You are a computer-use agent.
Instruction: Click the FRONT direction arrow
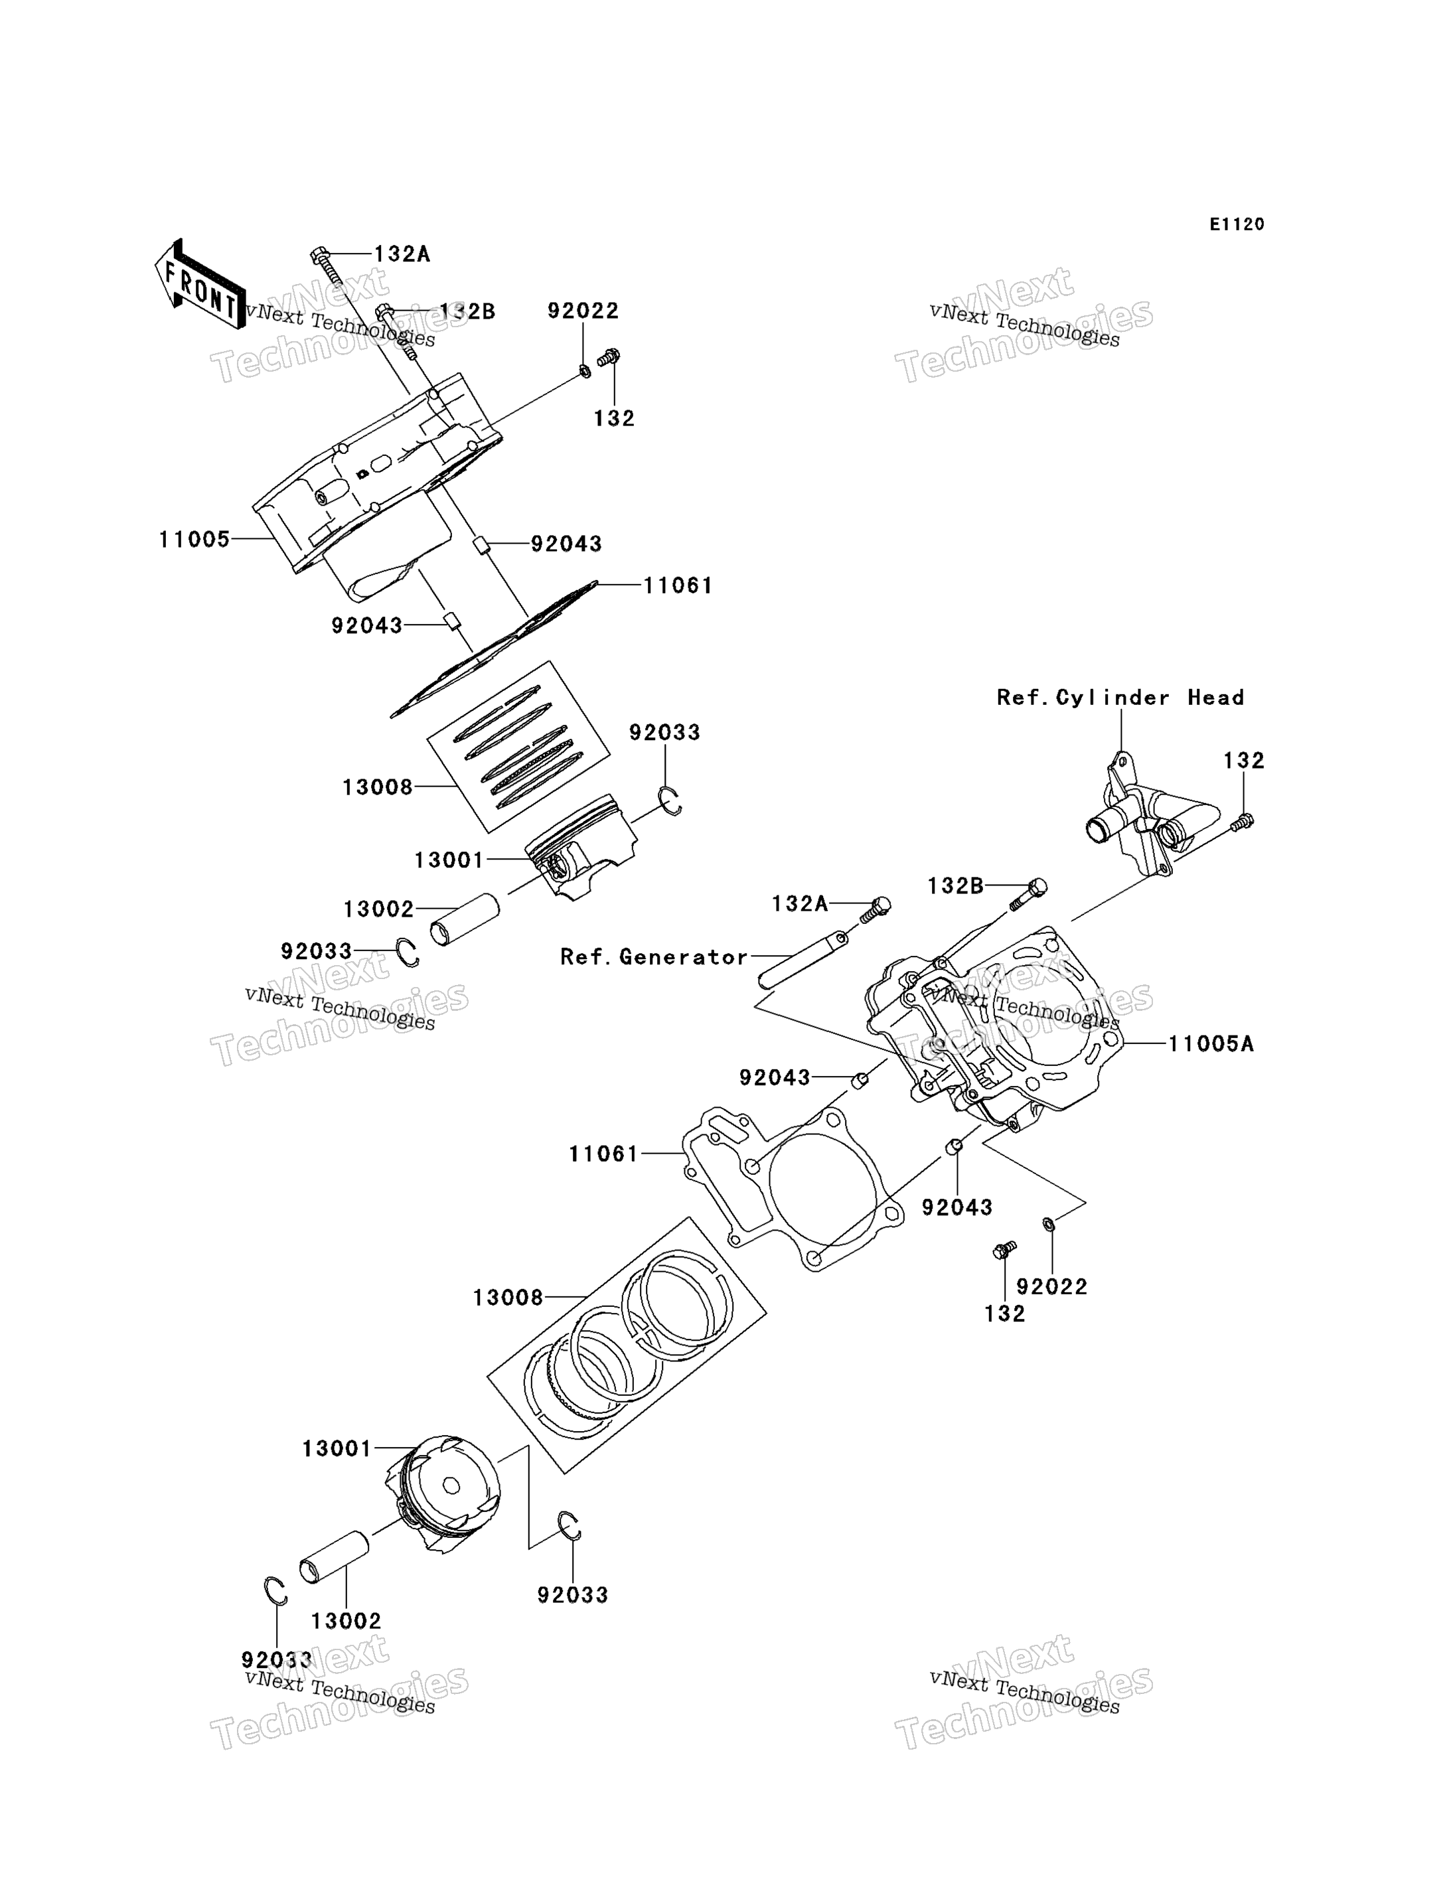click(198, 283)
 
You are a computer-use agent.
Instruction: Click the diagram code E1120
click(1237, 224)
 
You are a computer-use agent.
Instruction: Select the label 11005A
click(1211, 1043)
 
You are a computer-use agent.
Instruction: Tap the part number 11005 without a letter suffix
click(194, 540)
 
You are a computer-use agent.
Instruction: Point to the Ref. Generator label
click(654, 956)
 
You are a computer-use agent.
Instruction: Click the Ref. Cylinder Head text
click(1120, 697)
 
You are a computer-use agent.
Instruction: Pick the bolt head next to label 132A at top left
click(319, 256)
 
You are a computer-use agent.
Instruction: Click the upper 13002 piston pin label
click(378, 909)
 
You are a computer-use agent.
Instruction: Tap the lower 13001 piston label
click(337, 1448)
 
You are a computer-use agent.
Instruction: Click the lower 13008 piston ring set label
click(508, 1298)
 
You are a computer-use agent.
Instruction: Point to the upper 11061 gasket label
click(678, 585)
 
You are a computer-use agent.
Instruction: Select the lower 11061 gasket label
click(603, 1154)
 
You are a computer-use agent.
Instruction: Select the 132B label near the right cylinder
click(955, 886)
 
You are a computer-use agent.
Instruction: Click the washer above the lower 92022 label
click(1049, 1224)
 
